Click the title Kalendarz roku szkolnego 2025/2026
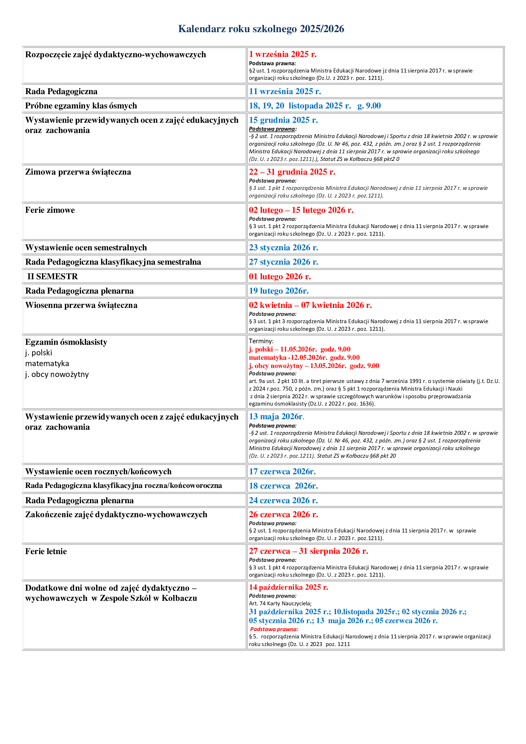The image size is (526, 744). click(x=261, y=29)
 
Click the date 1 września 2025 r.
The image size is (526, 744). click(x=282, y=54)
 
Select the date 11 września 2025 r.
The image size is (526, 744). click(x=285, y=91)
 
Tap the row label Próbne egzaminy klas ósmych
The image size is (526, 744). click(x=81, y=106)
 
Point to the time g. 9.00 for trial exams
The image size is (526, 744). click(x=369, y=106)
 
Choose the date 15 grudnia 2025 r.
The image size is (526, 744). click(x=283, y=120)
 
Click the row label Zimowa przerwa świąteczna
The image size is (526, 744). click(x=78, y=172)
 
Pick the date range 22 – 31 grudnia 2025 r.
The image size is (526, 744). click(x=292, y=172)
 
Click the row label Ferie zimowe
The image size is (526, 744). click(x=50, y=210)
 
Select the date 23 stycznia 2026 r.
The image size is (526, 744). click(x=283, y=247)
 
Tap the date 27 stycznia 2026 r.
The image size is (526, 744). click(x=283, y=262)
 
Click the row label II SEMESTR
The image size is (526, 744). click(x=52, y=276)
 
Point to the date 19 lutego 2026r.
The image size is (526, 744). click(x=279, y=291)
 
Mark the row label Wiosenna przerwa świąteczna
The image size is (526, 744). click(x=81, y=305)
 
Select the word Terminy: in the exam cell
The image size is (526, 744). click(x=261, y=341)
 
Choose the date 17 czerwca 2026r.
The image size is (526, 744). click(x=282, y=471)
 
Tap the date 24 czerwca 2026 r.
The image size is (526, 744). click(x=283, y=500)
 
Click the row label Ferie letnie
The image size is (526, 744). click(x=46, y=552)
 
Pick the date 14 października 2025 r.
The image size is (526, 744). click(x=288, y=587)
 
